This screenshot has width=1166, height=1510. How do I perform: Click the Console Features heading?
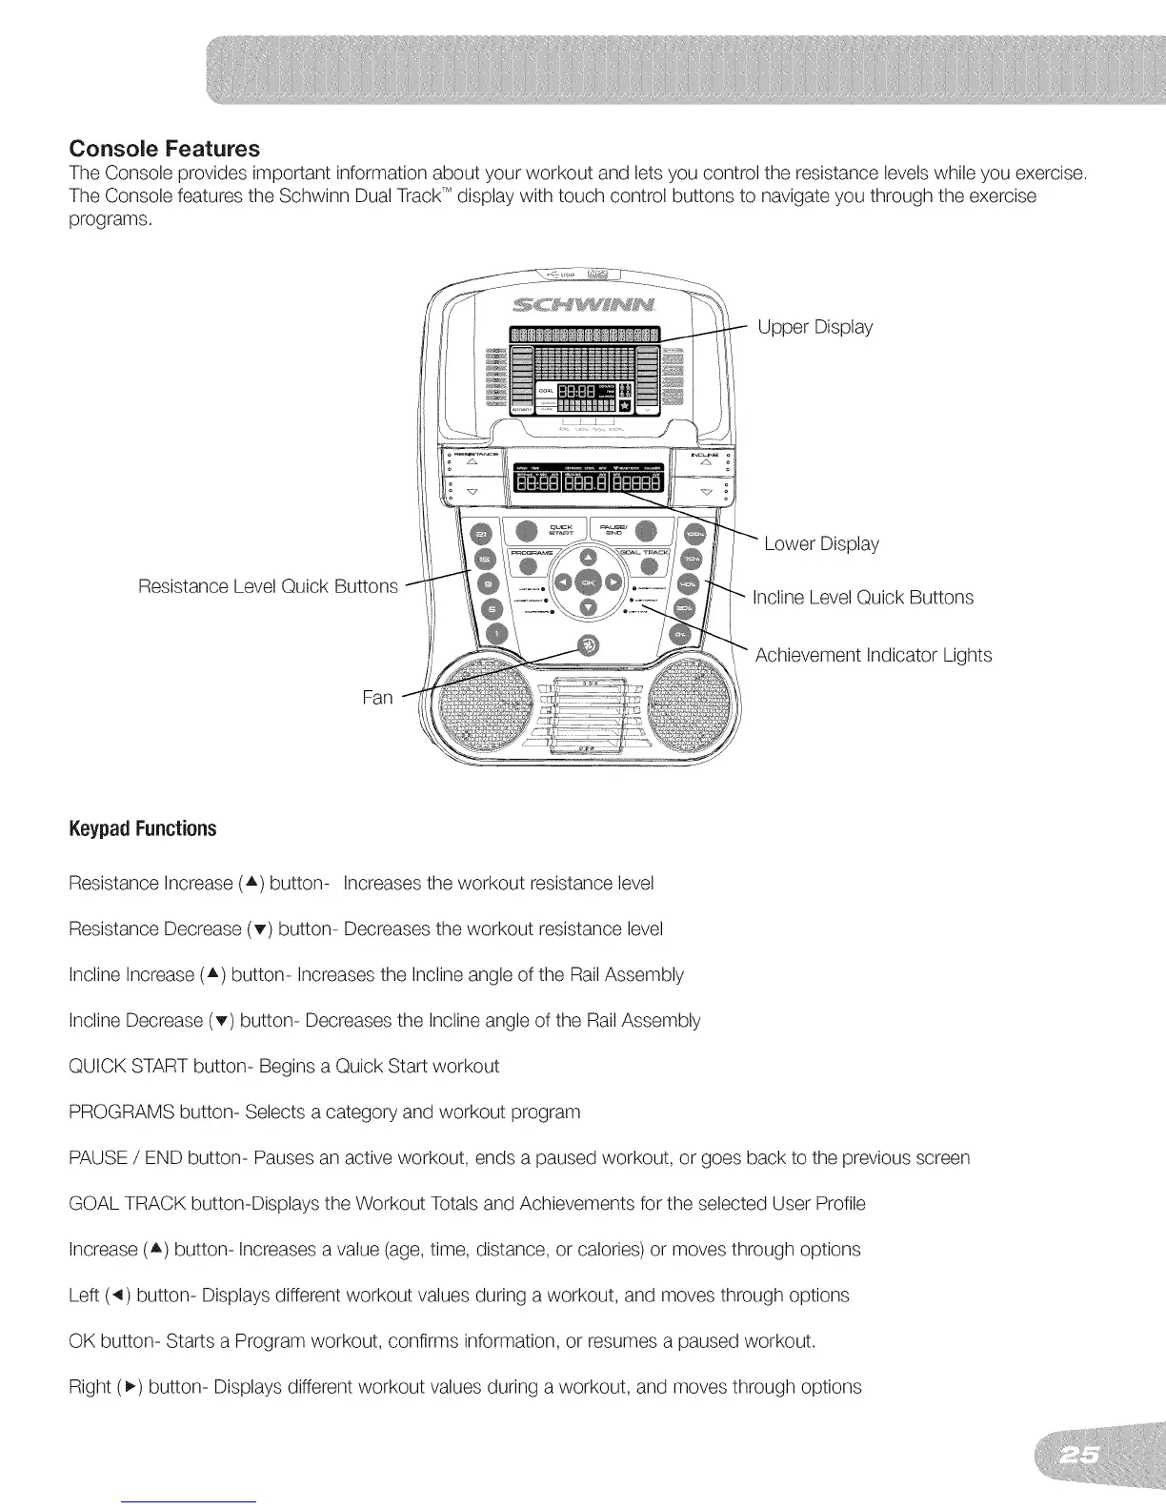[164, 150]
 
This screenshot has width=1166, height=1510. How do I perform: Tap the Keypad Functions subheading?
[143, 828]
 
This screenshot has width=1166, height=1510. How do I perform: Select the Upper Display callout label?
[814, 327]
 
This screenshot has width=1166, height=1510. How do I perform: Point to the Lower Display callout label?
[821, 543]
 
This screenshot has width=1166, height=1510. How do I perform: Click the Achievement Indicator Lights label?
[873, 655]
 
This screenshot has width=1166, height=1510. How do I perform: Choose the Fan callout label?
[377, 698]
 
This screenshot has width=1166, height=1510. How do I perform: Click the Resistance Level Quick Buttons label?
[268, 585]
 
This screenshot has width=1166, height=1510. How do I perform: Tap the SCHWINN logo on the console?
[584, 306]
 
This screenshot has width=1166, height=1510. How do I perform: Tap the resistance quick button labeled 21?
[483, 537]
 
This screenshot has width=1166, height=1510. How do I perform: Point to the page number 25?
[1081, 1455]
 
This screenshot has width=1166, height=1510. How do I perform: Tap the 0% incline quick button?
[679, 634]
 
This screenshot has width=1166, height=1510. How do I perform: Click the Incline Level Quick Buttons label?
[862, 598]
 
